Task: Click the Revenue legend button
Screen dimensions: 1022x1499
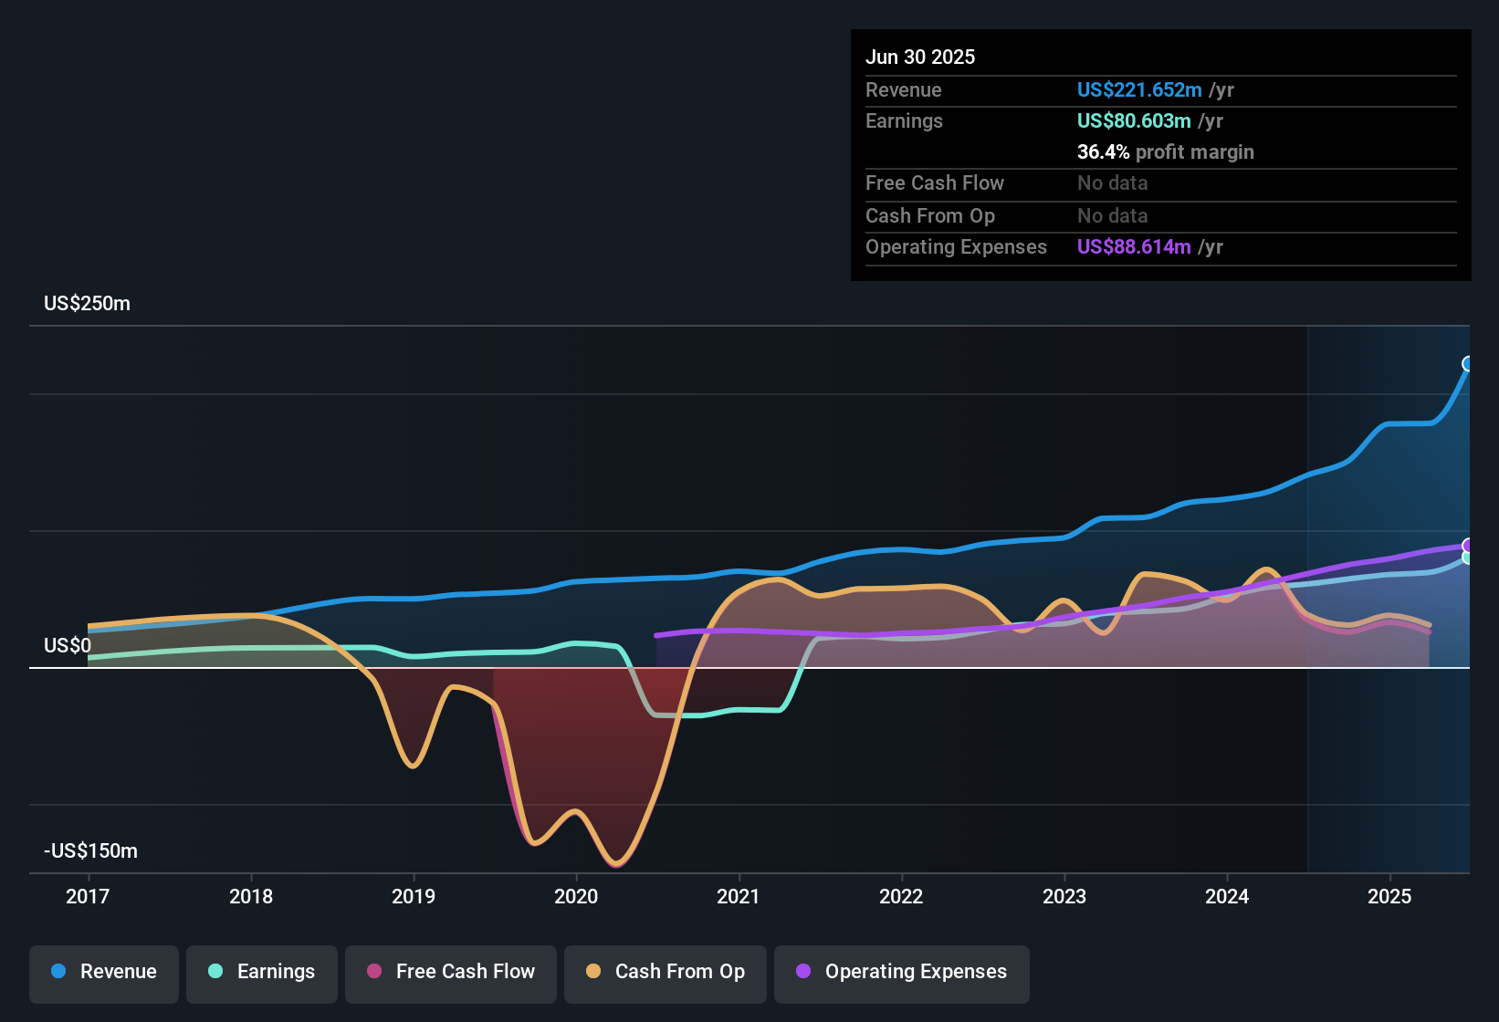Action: coord(104,972)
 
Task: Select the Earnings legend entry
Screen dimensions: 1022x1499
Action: coord(262,972)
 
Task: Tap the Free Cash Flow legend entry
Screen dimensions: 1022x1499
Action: coord(451,972)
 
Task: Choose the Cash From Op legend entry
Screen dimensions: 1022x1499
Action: coord(666,972)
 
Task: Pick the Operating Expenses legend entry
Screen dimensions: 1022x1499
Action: coord(902,972)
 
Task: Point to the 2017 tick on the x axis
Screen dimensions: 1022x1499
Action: coord(88,896)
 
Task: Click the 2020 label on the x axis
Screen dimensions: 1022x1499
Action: coord(576,896)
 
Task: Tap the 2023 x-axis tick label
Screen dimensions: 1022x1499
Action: coord(1064,896)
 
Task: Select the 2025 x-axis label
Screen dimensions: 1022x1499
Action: coord(1389,896)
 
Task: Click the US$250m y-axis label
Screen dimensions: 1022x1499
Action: coord(87,304)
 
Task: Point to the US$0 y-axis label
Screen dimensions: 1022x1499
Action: coord(68,646)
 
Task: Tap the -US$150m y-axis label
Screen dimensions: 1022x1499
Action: coord(90,851)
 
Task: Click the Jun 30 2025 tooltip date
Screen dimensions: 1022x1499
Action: coord(920,57)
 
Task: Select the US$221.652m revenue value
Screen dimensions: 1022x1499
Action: coord(1139,90)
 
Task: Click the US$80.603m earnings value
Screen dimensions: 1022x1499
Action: coord(1134,121)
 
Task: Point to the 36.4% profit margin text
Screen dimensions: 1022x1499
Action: coord(1165,152)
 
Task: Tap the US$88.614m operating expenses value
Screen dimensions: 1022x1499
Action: coord(1134,247)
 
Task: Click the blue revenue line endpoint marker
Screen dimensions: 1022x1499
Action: coord(1468,364)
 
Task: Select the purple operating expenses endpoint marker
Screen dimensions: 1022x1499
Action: coord(1468,546)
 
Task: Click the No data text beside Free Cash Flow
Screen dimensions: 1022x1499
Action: coord(1112,183)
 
